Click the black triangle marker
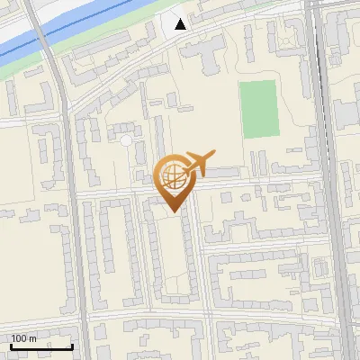click(181, 23)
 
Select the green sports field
click(259, 110)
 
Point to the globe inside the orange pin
click(174, 175)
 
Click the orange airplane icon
click(200, 163)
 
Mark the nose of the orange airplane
click(213, 154)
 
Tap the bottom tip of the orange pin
click(174, 211)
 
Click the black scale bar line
click(41, 346)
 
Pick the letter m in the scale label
click(33, 338)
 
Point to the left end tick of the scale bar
click(11, 345)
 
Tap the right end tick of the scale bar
click(72, 345)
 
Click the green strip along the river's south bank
click(108, 45)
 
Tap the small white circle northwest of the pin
click(125, 140)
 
